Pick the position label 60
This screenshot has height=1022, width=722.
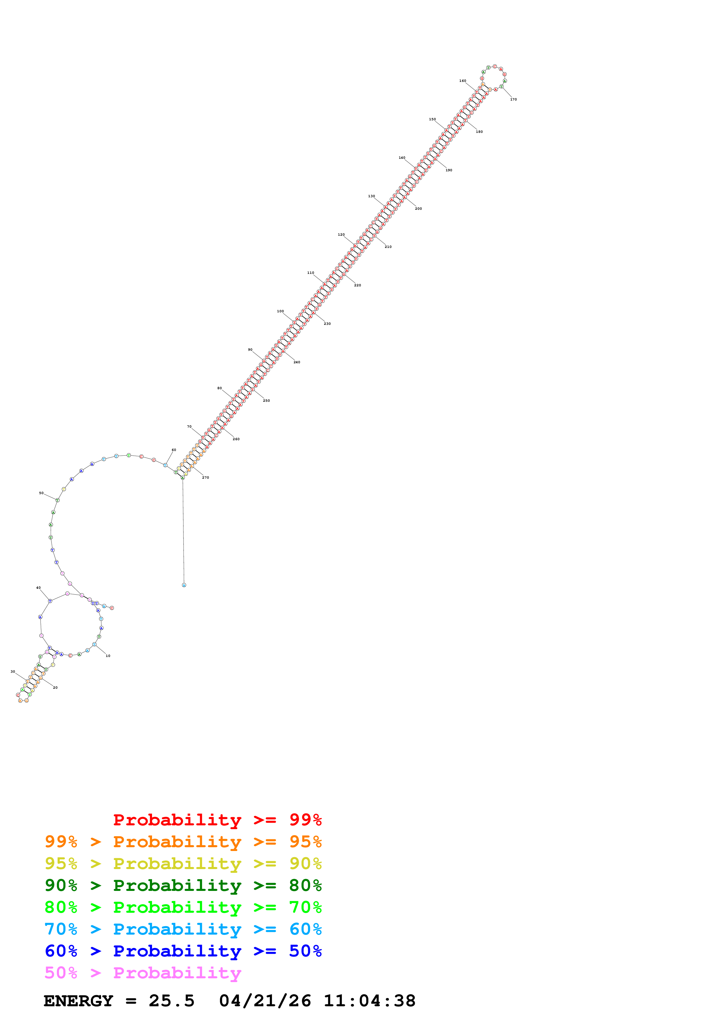[x=174, y=450]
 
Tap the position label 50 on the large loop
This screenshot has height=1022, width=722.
[x=41, y=493]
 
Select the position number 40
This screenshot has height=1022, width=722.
[x=38, y=588]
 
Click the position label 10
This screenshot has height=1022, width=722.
[x=108, y=656]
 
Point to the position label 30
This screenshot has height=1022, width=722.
[x=13, y=672]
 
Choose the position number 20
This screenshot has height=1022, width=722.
[x=55, y=688]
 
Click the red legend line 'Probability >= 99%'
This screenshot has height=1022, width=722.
[x=217, y=820]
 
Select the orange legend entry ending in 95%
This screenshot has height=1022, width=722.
[x=183, y=842]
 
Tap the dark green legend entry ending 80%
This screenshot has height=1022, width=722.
[x=183, y=885]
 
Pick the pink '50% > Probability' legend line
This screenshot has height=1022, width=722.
[x=142, y=973]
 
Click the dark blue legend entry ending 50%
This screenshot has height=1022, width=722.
[x=183, y=951]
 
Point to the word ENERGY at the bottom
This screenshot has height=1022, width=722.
[x=78, y=1001]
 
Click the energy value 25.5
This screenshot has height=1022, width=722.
[x=171, y=1001]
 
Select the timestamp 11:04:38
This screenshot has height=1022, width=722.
[x=369, y=1001]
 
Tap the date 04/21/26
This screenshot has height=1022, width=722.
[x=265, y=1001]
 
